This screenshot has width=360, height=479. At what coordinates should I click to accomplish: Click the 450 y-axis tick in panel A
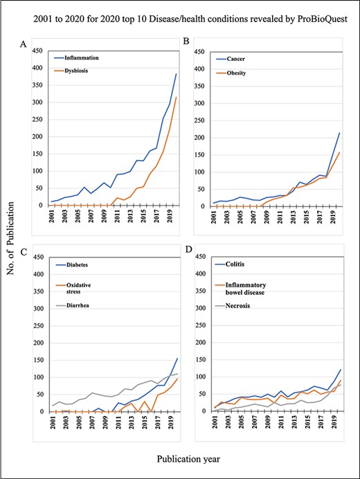coord(40,50)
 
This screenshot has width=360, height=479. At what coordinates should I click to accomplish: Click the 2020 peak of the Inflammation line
coord(177,74)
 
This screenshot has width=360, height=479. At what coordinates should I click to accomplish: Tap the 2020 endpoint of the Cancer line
coord(339,133)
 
